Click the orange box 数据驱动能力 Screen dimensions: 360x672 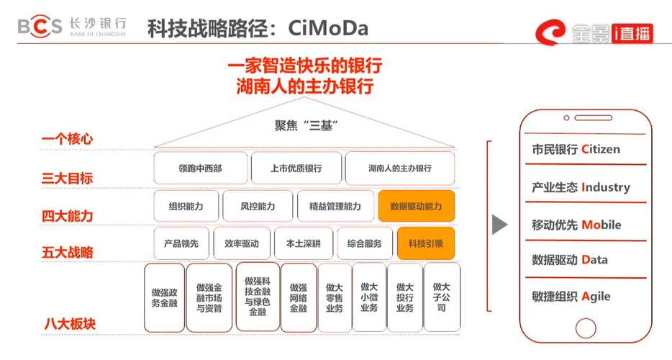pyautogui.click(x=416, y=206)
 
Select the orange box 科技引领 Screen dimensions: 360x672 pyautogui.click(x=425, y=243)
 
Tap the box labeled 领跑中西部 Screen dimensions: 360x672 pyautogui.click(x=200, y=168)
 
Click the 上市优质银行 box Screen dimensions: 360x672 pyautogui.click(x=296, y=168)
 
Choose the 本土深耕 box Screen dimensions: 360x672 pyautogui.click(x=303, y=243)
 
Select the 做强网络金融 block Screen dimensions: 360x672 pyautogui.click(x=298, y=297)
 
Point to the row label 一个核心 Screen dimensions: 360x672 pyautogui.click(x=68, y=138)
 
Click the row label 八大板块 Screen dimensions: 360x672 pyautogui.click(x=68, y=323)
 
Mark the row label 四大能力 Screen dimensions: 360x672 pyautogui.click(x=68, y=215)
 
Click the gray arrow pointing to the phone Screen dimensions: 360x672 pyautogui.click(x=499, y=225)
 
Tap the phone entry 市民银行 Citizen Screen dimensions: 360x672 pyautogui.click(x=575, y=150)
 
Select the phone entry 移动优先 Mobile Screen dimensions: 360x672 pyautogui.click(x=576, y=225)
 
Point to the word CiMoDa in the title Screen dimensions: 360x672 pyautogui.click(x=327, y=28)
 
